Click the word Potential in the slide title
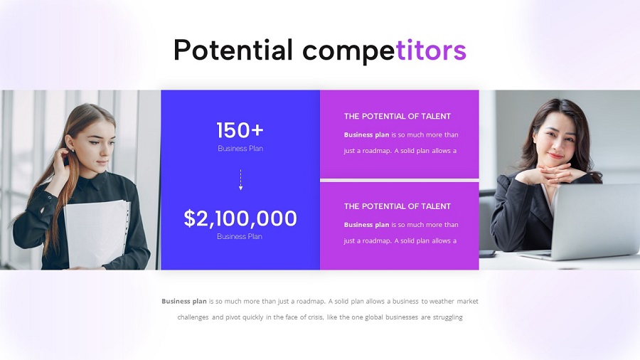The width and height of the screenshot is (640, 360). [x=233, y=50]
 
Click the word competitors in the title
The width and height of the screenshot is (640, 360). [x=384, y=50]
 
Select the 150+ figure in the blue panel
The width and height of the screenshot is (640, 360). [x=240, y=130]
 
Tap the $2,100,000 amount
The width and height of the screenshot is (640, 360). [x=240, y=218]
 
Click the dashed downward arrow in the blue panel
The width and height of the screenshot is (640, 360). [x=240, y=181]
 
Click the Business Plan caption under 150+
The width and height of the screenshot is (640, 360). [x=240, y=149]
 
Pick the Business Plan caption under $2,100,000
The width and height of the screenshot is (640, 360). [x=240, y=236]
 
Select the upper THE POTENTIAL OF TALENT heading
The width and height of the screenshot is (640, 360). [x=397, y=116]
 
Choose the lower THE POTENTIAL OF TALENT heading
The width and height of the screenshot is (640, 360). [x=397, y=206]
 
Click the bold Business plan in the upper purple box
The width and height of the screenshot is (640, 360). [x=366, y=134]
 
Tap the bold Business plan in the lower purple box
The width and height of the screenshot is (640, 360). [x=366, y=225]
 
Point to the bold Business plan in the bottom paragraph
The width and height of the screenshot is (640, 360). [x=184, y=301]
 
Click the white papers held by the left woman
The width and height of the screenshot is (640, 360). [x=96, y=231]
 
